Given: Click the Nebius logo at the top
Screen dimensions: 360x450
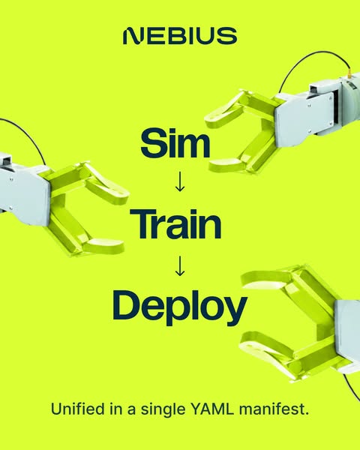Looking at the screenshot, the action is [180, 36].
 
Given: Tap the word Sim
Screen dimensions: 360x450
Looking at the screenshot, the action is [175, 143].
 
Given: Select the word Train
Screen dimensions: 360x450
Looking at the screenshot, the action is [175, 224].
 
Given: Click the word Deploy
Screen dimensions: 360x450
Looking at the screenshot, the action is [180, 307].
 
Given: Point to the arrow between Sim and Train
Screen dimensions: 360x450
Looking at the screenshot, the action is [180, 181].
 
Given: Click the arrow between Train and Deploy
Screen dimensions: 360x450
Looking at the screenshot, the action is [180, 266].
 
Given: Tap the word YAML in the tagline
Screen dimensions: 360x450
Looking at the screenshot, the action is [212, 409].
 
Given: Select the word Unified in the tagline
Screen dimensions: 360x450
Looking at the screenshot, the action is [77, 409].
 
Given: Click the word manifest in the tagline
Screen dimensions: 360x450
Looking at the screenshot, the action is [274, 409].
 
